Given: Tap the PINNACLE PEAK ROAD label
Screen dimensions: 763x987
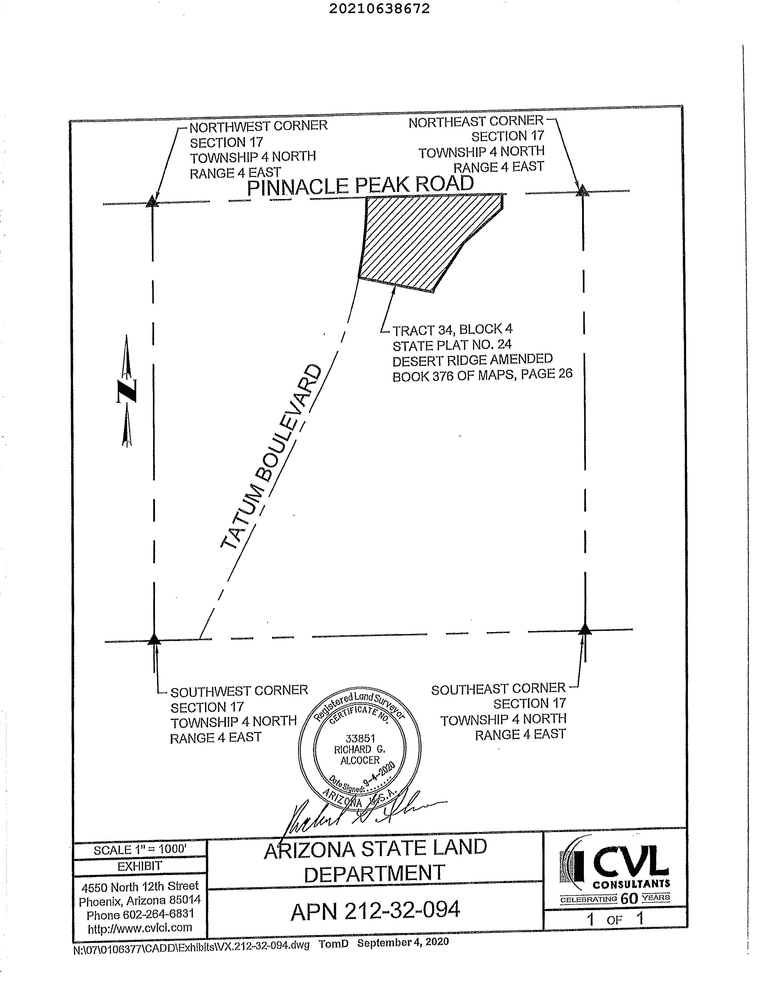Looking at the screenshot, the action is tap(360, 185).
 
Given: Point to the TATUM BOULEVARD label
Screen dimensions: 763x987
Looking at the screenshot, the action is tap(272, 457).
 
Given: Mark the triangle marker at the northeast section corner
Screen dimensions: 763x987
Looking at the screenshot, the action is tap(583, 191).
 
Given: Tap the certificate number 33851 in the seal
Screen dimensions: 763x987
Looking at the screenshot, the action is tap(360, 738).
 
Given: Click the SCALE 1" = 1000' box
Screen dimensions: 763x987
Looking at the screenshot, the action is tap(140, 849).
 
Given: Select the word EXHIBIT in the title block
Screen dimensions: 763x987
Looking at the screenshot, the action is tap(140, 866).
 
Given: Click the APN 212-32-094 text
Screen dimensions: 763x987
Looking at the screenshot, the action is tap(375, 911).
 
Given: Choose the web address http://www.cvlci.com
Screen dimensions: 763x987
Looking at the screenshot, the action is tap(140, 928).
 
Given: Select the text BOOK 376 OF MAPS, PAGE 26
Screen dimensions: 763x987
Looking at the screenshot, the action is tap(482, 375).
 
